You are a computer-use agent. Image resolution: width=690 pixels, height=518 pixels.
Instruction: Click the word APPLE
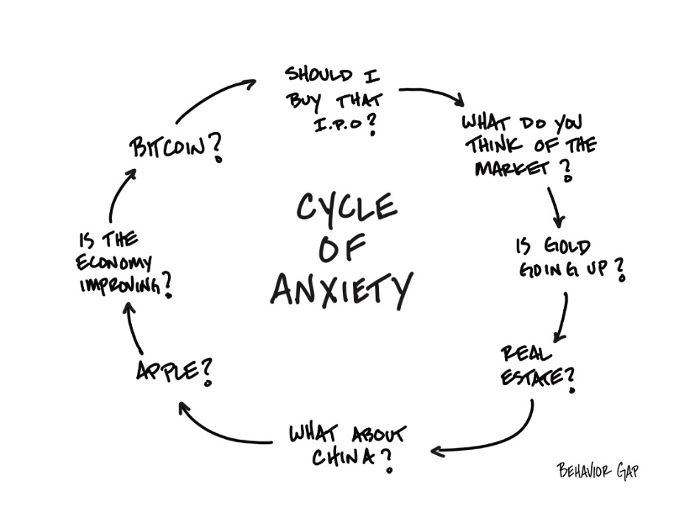[x=168, y=370]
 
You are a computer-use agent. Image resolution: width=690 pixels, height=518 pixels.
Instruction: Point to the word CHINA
[x=342, y=457]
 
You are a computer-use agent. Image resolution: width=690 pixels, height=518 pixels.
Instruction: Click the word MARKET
[x=511, y=168]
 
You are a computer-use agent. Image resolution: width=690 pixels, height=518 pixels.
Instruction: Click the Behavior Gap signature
[x=597, y=471]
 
